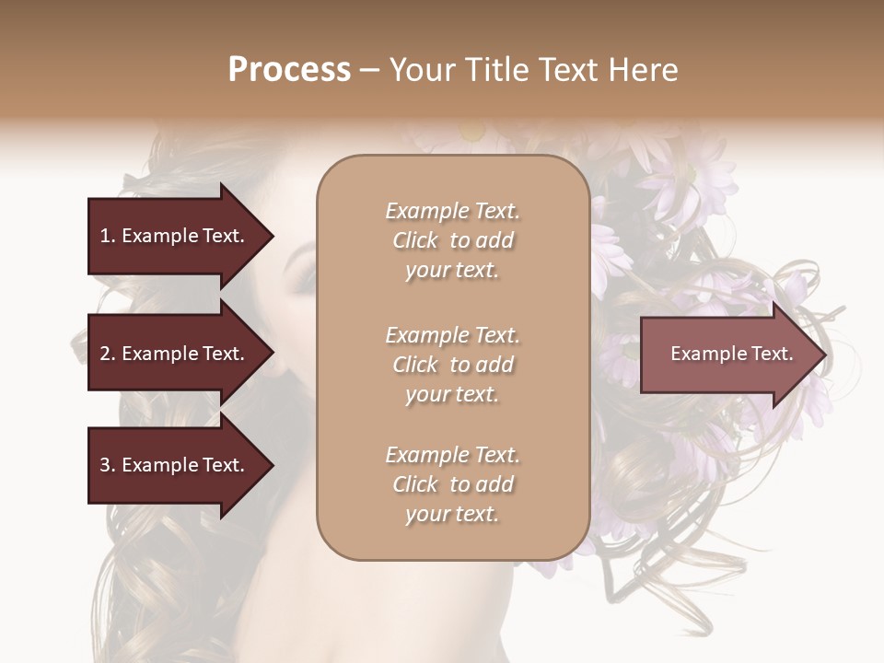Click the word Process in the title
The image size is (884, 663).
[x=289, y=70]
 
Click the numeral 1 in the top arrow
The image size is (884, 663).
[x=105, y=236]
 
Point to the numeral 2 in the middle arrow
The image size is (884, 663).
[x=105, y=354]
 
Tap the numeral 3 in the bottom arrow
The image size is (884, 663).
[x=105, y=465]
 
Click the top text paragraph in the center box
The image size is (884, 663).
[x=452, y=240]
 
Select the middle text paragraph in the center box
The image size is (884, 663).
[x=452, y=365]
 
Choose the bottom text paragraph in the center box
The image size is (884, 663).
[x=452, y=484]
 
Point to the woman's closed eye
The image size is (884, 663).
[x=303, y=277]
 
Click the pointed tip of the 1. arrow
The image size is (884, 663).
[x=272, y=236]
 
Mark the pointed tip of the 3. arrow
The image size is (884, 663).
[x=272, y=465]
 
